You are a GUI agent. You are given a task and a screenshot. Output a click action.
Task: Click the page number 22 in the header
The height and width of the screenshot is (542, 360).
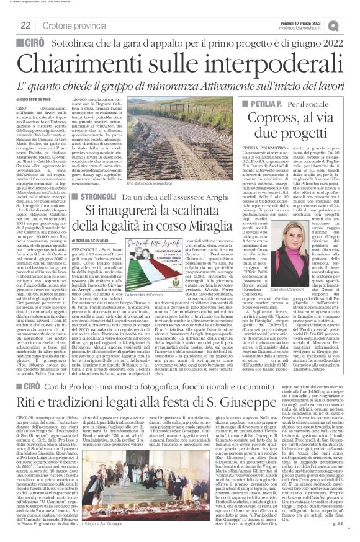(x=25, y=25)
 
